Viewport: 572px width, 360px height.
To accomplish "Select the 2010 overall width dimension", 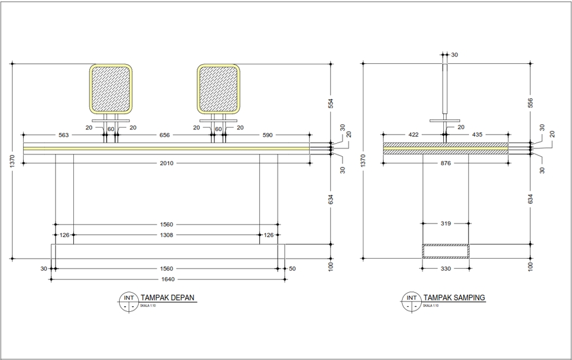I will pyautogui.click(x=166, y=163).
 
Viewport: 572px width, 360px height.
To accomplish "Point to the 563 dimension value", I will pyautogui.click(x=64, y=135).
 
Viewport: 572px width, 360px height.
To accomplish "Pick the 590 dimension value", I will pyautogui.click(x=267, y=135).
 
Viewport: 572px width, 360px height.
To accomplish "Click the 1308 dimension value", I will pyautogui.click(x=166, y=235).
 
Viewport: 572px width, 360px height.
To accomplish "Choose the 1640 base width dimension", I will pyautogui.click(x=166, y=278).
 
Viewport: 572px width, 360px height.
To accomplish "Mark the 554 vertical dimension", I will pyautogui.click(x=332, y=103).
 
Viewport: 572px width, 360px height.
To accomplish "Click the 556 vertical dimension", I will pyautogui.click(x=530, y=103).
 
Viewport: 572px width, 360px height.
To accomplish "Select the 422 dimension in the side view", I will pyautogui.click(x=414, y=135).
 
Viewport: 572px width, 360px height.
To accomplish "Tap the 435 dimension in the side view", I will pyautogui.click(x=477, y=135).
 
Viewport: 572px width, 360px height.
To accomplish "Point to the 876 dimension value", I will pyautogui.click(x=446, y=163).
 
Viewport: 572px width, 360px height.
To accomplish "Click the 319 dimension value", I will pyautogui.click(x=446, y=224).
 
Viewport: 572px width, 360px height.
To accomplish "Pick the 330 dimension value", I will pyautogui.click(x=446, y=269).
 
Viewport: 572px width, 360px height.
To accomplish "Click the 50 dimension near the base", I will pyautogui.click(x=292, y=269).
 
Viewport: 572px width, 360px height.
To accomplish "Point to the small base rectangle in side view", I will pyautogui.click(x=446, y=251).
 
